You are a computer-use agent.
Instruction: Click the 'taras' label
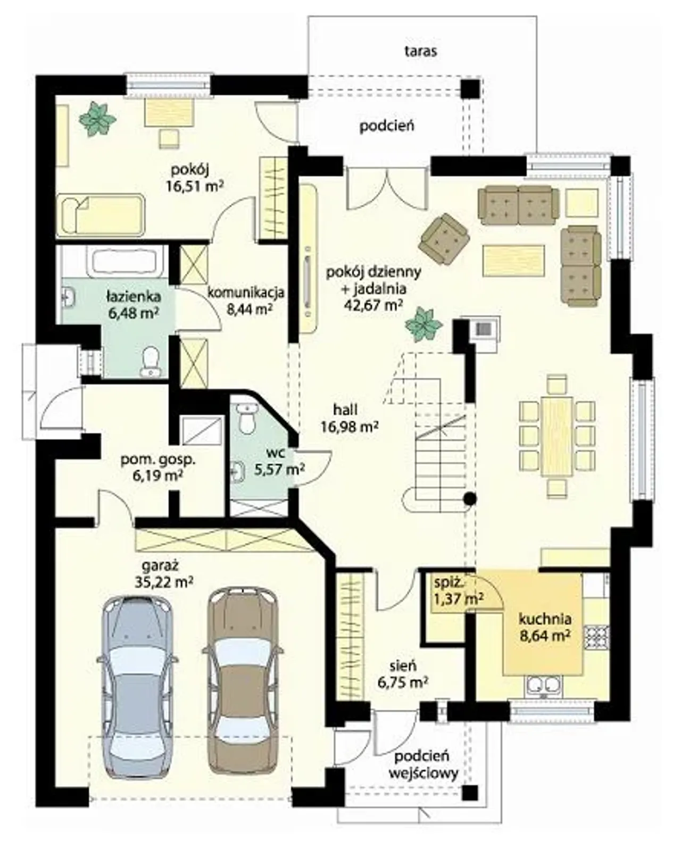[421, 51]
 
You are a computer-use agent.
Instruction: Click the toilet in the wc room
[247, 419]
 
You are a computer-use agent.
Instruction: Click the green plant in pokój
[97, 119]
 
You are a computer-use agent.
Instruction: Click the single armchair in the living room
[444, 239]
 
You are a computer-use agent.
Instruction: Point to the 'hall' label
[345, 410]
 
